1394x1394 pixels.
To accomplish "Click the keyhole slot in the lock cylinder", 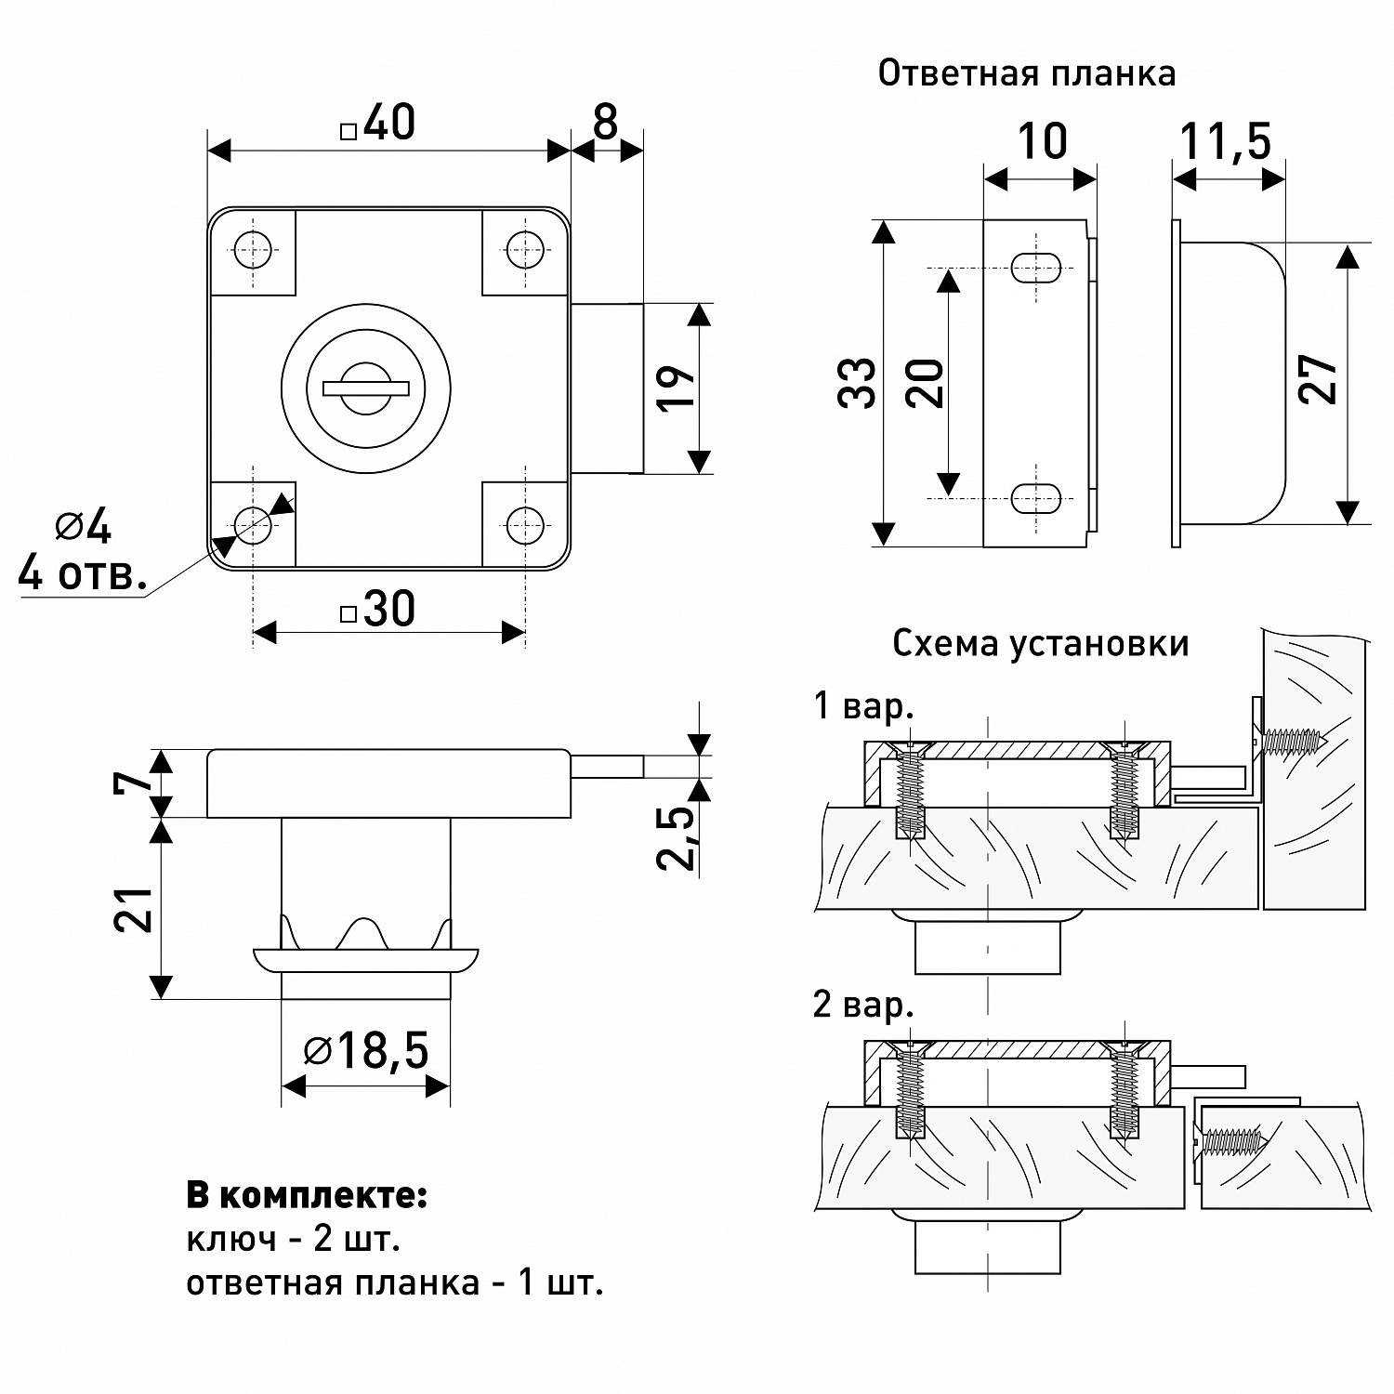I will (366, 385).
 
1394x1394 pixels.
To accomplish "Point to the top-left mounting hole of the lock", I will (252, 247).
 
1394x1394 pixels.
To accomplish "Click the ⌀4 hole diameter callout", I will (84, 528).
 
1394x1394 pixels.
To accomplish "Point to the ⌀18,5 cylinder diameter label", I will (366, 1051).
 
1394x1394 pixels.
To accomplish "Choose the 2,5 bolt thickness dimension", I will (677, 837).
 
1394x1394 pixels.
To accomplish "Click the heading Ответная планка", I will (1026, 73).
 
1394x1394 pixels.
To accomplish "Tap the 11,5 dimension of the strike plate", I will (1225, 142).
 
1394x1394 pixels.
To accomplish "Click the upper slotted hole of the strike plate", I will (1034, 267).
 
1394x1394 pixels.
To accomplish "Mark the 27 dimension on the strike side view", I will (1320, 378).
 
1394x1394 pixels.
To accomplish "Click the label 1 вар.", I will (863, 706).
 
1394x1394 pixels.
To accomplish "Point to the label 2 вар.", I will (863, 1005).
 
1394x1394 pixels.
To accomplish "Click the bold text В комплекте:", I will (307, 1195).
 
